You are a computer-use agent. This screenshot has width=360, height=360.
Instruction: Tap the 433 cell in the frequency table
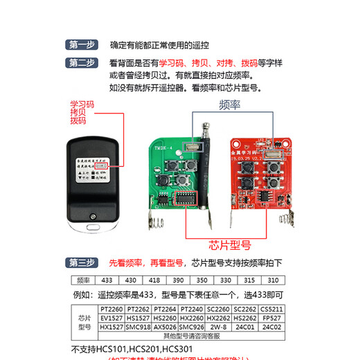pyautogui.click(x=108, y=280)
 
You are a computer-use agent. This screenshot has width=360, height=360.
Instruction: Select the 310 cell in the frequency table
pyautogui.click(x=273, y=280)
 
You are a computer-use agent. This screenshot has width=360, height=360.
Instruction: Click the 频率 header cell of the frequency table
pyautogui.click(x=84, y=280)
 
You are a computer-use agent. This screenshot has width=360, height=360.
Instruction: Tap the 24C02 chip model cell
pyautogui.click(x=269, y=326)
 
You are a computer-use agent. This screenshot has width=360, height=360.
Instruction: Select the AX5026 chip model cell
pyautogui.click(x=165, y=326)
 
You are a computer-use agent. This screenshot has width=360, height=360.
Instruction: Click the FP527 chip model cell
pyautogui.click(x=269, y=317)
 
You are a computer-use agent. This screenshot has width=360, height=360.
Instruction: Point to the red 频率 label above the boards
pyautogui.click(x=229, y=105)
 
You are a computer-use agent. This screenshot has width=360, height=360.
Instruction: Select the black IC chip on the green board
pyautogui.click(x=184, y=199)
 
